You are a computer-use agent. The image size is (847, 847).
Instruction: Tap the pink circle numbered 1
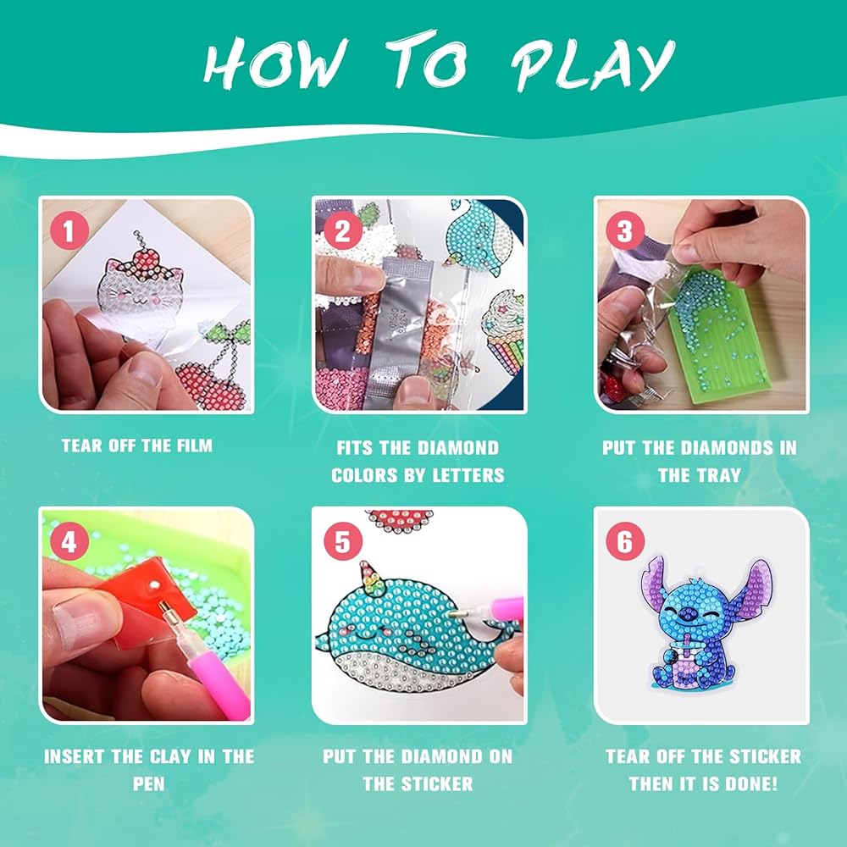point(69,230)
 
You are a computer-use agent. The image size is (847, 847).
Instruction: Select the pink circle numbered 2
point(342,230)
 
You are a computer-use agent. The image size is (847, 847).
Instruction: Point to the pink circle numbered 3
point(625,230)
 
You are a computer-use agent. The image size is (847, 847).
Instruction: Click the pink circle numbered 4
point(69,540)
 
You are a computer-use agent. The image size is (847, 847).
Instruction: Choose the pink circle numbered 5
point(342,540)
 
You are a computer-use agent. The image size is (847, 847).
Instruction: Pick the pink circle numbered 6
point(625,540)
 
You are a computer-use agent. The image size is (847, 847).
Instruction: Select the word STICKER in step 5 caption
point(437,783)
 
